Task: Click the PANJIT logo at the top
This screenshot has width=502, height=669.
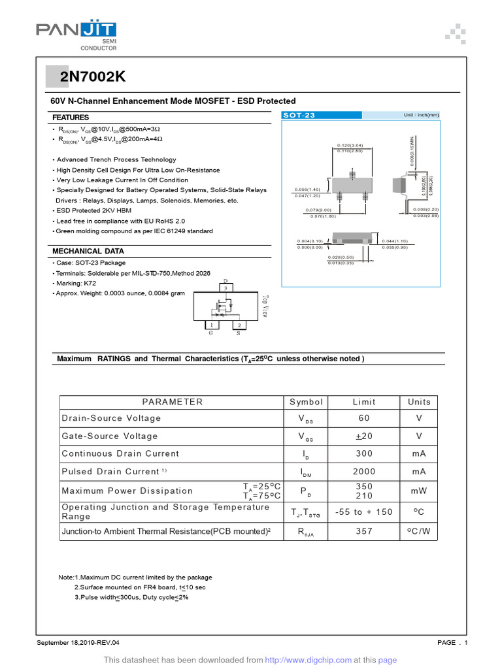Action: [x=76, y=31]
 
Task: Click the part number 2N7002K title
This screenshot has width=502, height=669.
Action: [x=93, y=77]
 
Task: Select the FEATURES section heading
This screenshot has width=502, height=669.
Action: [x=71, y=117]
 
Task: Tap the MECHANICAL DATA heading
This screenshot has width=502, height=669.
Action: [x=88, y=251]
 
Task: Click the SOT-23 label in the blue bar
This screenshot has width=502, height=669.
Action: [x=299, y=116]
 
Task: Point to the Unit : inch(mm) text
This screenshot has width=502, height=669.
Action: [x=421, y=116]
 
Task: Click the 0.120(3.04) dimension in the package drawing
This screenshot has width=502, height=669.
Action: [x=350, y=145]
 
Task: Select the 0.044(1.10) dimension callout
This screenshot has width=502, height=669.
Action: [x=394, y=242]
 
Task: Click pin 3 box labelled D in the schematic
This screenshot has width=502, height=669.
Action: [x=226, y=287]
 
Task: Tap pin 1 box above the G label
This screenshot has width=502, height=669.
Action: [x=211, y=325]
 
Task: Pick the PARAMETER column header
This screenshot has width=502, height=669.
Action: [x=173, y=402]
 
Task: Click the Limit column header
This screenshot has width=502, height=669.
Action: [x=364, y=402]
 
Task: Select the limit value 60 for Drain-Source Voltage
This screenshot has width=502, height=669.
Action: [x=364, y=418]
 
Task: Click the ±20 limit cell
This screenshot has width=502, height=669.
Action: [x=364, y=436]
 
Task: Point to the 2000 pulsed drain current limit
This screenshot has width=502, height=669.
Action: [x=364, y=472]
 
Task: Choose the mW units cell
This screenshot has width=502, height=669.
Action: [x=419, y=491]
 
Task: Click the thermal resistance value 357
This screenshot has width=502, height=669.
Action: [x=364, y=531]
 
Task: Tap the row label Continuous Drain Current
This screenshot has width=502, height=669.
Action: [x=120, y=453]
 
